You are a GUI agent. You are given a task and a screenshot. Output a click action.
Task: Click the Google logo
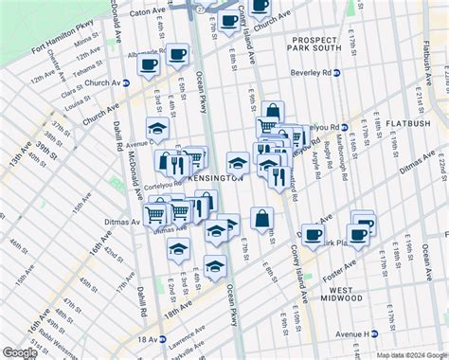20,352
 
